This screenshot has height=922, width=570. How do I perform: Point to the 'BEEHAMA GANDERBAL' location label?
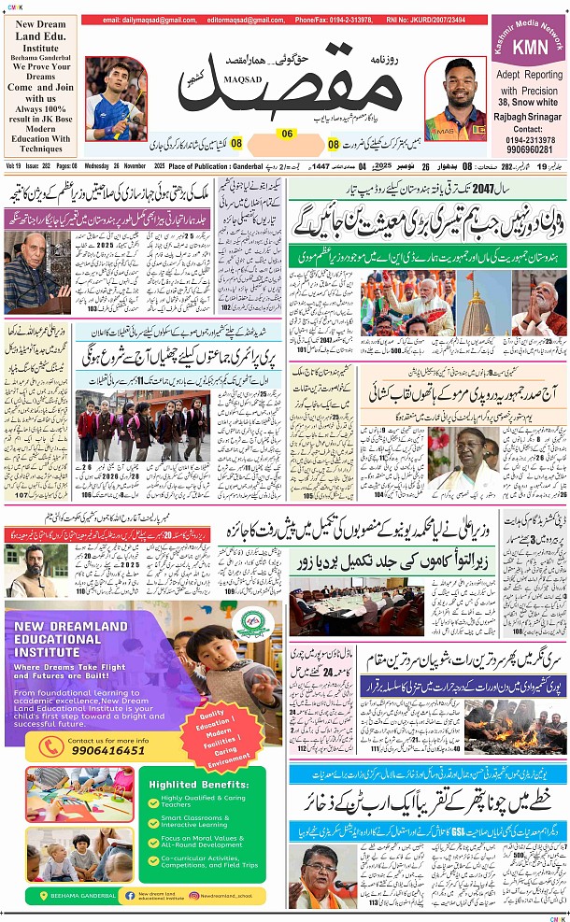tap(78, 895)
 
